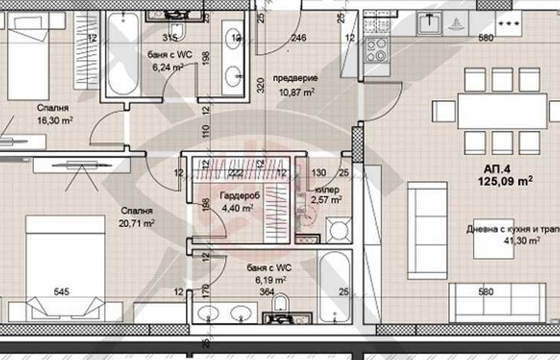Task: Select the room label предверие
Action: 295,78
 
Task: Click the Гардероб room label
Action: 236,196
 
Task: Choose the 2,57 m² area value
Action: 326,200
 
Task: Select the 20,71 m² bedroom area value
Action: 137,223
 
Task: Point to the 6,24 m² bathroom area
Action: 168,67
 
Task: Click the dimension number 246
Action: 298,38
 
